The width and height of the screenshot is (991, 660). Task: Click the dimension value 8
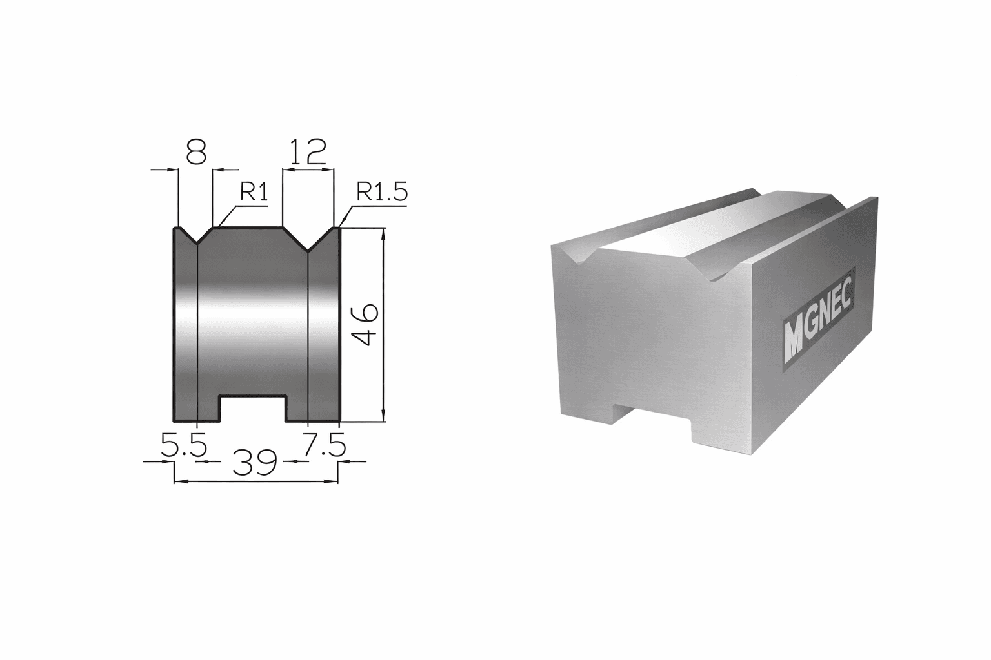tap(195, 152)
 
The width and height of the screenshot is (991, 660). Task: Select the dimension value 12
tap(308, 152)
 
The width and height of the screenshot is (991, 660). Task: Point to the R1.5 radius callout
tap(382, 191)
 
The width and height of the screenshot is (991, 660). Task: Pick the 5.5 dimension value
tap(183, 445)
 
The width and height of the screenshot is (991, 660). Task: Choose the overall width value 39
tap(255, 463)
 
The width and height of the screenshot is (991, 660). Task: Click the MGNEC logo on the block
tap(817, 320)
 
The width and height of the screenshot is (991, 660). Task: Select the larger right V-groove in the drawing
tap(308, 238)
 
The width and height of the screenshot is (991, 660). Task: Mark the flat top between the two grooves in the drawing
tap(248, 228)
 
